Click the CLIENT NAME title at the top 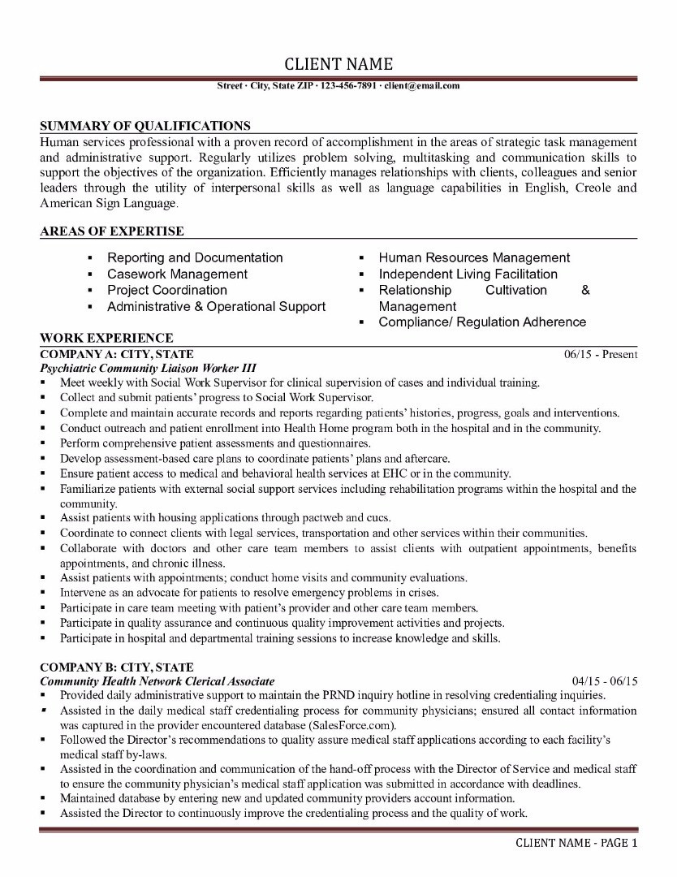click(x=338, y=64)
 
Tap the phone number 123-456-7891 click(x=348, y=85)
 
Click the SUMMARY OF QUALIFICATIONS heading click(x=145, y=126)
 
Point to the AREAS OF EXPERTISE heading click(x=111, y=231)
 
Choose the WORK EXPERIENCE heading click(x=106, y=338)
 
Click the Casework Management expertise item click(x=178, y=274)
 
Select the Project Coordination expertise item click(x=167, y=290)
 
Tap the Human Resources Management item click(x=474, y=257)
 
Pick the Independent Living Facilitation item click(x=468, y=274)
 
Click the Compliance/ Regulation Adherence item click(x=482, y=322)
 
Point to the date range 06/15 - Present click(x=601, y=355)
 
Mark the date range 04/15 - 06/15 click(x=605, y=681)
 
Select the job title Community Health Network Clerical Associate click(x=157, y=681)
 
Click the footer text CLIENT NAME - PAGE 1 click(x=577, y=843)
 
